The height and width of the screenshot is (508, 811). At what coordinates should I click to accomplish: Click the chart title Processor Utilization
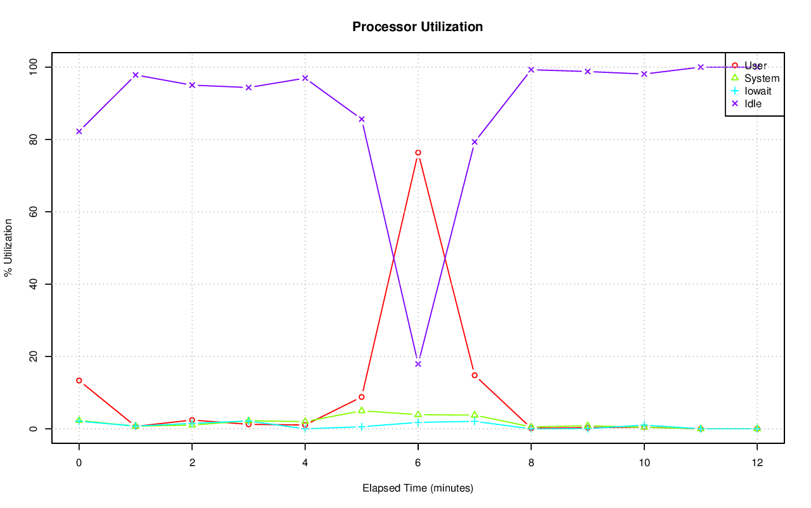[418, 27]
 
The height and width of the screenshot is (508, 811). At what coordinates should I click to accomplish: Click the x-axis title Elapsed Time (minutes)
[418, 488]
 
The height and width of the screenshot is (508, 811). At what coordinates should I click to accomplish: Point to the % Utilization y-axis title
[8, 247]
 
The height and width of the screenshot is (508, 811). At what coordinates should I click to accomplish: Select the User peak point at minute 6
[418, 152]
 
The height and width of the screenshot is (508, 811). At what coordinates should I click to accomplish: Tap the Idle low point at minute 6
[418, 364]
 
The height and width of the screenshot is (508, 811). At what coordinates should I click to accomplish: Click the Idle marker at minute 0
[79, 131]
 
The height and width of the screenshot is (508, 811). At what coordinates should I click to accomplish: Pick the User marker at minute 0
[79, 381]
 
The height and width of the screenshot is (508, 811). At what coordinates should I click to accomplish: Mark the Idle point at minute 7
[475, 142]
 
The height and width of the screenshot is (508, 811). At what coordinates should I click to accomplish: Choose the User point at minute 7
[475, 375]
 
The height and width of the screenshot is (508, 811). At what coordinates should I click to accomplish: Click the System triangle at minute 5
[362, 410]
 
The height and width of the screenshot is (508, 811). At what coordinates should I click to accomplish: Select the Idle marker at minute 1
[136, 75]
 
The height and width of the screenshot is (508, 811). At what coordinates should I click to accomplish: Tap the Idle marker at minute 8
[531, 70]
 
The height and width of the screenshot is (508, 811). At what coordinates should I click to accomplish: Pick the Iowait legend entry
[758, 91]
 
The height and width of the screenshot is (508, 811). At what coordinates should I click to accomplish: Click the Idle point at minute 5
[362, 119]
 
